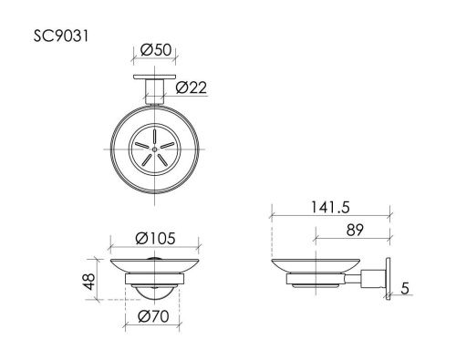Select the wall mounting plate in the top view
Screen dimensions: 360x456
pyautogui.click(x=152, y=80)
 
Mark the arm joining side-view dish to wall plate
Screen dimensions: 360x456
pyautogui.click(x=371, y=277)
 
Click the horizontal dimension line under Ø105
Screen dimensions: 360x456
pyautogui.click(x=154, y=248)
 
